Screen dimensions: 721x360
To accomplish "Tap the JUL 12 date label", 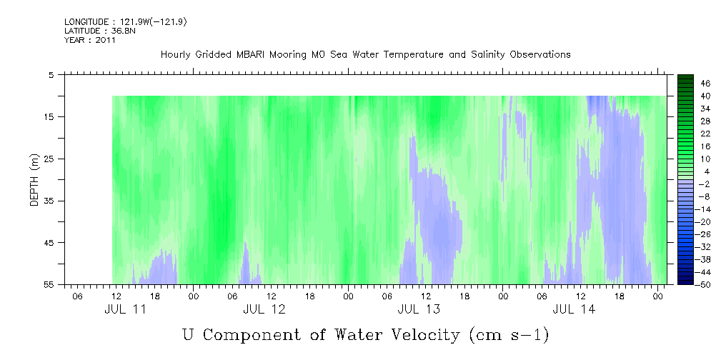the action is click(x=264, y=309).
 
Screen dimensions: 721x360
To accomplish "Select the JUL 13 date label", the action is click(x=419, y=309).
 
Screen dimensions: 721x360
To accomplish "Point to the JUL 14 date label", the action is click(x=574, y=309).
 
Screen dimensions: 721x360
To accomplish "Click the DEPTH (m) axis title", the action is click(x=34, y=179).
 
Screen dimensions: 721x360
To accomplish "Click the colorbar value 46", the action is click(x=705, y=84).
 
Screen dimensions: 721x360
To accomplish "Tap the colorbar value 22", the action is click(x=705, y=134).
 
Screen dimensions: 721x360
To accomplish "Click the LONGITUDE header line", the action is click(x=126, y=22).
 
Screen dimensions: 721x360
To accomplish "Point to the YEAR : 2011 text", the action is click(x=90, y=39).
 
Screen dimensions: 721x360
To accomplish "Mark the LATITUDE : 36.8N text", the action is click(x=100, y=31).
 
